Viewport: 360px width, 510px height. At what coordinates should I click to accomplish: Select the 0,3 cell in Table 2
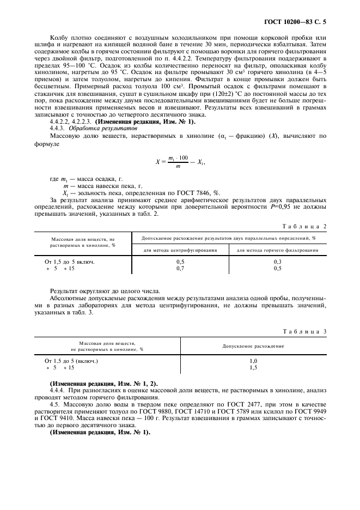277,262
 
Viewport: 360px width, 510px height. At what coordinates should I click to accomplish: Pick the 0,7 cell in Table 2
180,268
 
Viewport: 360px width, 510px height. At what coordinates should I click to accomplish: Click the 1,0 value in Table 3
253,361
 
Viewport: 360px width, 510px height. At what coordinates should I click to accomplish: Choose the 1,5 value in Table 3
253,368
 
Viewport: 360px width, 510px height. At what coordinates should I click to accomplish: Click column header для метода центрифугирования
180,250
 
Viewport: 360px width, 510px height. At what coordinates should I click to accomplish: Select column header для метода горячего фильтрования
277,250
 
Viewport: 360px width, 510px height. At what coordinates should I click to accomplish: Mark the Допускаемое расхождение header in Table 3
253,346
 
